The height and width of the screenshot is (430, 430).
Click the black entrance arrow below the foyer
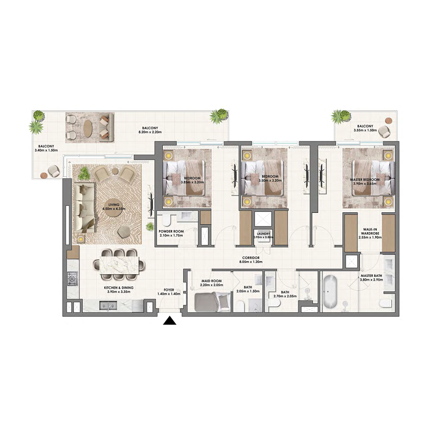pos(170,321)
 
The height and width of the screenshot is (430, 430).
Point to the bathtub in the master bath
pos(330,292)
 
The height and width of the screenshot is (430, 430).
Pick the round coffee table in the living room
pos(113,211)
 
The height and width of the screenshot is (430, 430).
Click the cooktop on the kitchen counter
pos(71,278)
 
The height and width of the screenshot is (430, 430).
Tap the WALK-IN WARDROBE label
pos(370,231)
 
